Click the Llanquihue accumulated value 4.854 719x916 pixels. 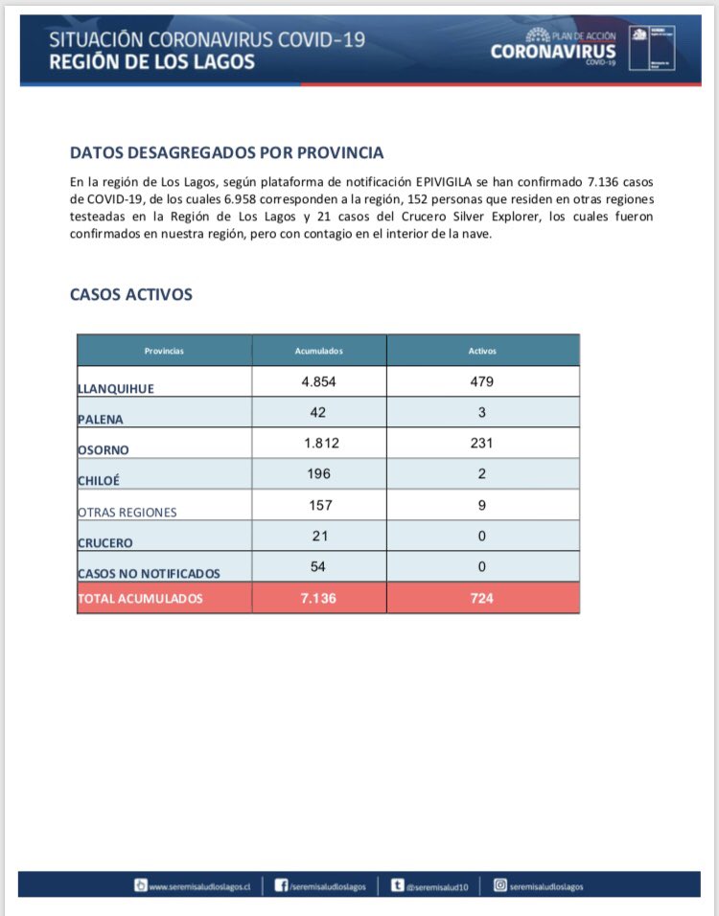pyautogui.click(x=319, y=381)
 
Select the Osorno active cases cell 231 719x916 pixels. pyautogui.click(x=482, y=444)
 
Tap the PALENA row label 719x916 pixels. pyautogui.click(x=101, y=419)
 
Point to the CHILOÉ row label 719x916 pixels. pyautogui.click(x=100, y=481)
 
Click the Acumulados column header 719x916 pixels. pyautogui.click(x=319, y=351)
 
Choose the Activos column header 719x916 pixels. pyautogui.click(x=482, y=351)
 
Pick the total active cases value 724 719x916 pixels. pyautogui.click(x=482, y=598)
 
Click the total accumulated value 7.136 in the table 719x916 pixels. pyautogui.click(x=319, y=598)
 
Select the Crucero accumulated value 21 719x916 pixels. pyautogui.click(x=319, y=536)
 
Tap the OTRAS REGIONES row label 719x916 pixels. pyautogui.click(x=128, y=512)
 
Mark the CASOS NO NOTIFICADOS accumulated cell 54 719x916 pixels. pyautogui.click(x=319, y=566)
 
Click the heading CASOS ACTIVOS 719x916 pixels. pyautogui.click(x=131, y=294)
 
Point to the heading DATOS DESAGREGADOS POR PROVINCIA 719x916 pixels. pyautogui.click(x=227, y=152)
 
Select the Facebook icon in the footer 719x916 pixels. pyautogui.click(x=282, y=886)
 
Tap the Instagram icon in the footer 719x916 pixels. pyautogui.click(x=499, y=886)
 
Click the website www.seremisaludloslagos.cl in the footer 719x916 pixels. pyautogui.click(x=200, y=887)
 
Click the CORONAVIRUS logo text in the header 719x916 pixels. pyautogui.click(x=553, y=53)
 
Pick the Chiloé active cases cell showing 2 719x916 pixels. pyautogui.click(x=482, y=474)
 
